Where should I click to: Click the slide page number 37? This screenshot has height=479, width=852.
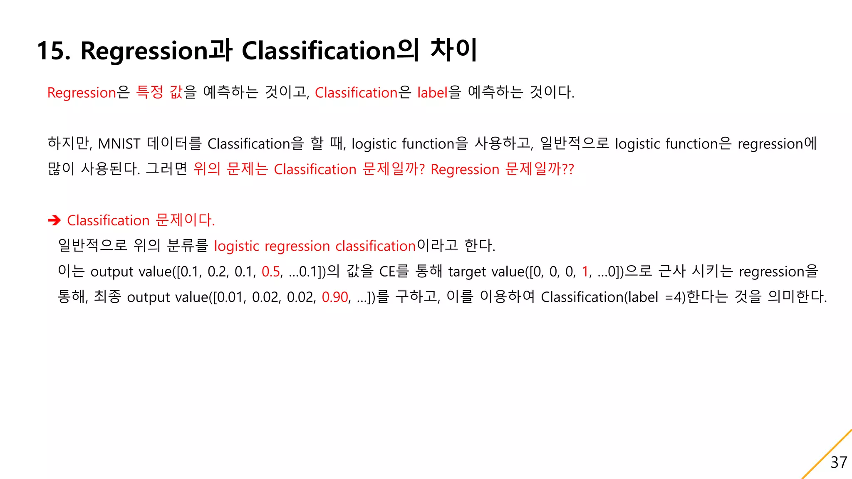[x=838, y=462]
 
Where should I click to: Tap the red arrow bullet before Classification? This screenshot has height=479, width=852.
[x=54, y=220]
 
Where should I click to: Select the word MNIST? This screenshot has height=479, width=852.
[x=119, y=144]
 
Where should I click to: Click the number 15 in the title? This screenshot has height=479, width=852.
[x=53, y=51]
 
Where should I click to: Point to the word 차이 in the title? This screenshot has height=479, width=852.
[x=454, y=50]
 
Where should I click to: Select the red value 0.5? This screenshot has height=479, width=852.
[x=271, y=272]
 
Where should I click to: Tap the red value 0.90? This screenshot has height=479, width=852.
[x=335, y=297]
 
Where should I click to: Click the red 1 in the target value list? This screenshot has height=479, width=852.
[x=585, y=272]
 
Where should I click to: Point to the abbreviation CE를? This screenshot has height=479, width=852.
[x=394, y=272]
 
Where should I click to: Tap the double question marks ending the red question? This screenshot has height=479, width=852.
[x=568, y=169]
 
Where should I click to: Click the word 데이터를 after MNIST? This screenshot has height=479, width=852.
[x=174, y=143]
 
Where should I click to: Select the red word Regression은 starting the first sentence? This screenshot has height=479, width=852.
[x=88, y=93]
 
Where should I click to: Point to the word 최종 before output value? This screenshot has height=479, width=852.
[x=107, y=297]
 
